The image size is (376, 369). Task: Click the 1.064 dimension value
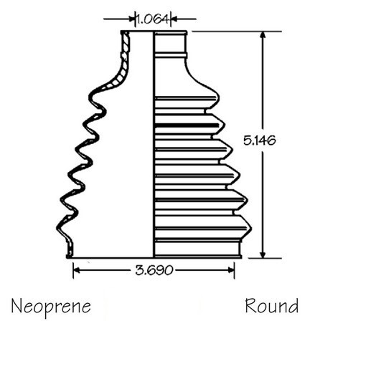153,19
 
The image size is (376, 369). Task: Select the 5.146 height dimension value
260,140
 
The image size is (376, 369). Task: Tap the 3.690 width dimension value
154,270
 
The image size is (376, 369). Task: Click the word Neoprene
51,307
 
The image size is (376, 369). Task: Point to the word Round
272,306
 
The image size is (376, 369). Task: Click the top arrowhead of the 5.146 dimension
263,35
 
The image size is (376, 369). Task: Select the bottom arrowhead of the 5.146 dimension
263,254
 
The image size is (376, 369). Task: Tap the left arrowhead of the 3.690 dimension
76,270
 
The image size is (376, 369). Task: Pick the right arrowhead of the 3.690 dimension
231,270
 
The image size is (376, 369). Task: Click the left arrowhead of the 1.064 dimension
132,19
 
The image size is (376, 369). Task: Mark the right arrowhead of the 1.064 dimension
174,19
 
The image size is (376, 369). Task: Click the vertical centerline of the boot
154,145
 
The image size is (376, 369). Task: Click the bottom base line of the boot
154,258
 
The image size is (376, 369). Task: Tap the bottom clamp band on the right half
197,249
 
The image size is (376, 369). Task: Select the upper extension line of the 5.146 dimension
237,32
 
